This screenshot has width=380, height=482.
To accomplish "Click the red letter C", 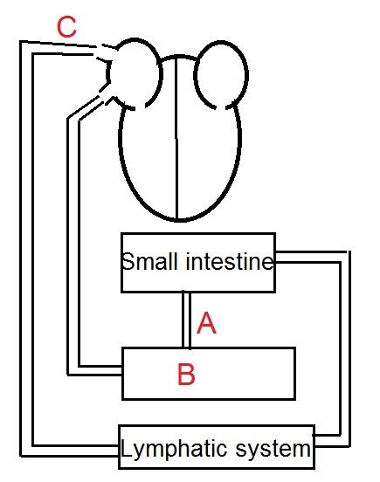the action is click(66, 27).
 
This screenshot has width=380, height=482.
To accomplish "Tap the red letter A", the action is click(206, 322).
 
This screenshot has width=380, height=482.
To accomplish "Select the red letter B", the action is click(186, 374).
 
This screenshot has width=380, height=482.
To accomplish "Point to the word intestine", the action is click(230, 262).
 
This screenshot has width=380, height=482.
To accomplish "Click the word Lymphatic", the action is click(174, 450).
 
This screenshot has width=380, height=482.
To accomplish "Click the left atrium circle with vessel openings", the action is click(134, 73).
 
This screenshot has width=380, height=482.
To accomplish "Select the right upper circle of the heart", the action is click(221, 75).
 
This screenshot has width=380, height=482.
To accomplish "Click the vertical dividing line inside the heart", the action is click(176, 138).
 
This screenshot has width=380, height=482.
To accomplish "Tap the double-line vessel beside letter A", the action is click(186, 320).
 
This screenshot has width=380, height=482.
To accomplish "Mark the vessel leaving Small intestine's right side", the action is click(345, 348).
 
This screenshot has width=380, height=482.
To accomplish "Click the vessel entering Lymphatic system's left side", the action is click(26, 249).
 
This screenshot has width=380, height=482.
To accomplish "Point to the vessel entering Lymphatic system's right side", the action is click(345, 348).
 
